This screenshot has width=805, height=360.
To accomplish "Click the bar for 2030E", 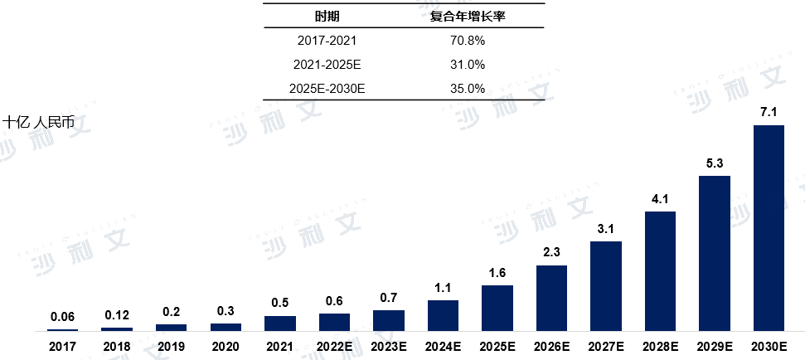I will pyautogui.click(x=769, y=228).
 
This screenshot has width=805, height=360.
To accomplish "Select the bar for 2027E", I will pyautogui.click(x=605, y=286).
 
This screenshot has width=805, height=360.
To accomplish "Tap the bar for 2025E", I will pyautogui.click(x=497, y=308).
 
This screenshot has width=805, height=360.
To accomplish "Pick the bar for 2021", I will pyautogui.click(x=280, y=324).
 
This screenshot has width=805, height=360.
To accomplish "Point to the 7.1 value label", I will pyautogui.click(x=769, y=112).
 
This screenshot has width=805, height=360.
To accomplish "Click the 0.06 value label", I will pyautogui.click(x=63, y=316).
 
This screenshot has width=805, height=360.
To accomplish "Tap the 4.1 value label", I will pyautogui.click(x=660, y=198).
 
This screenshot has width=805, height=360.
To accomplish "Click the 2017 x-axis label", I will pyautogui.click(x=63, y=345).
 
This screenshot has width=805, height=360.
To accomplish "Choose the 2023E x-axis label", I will pyautogui.click(x=389, y=345).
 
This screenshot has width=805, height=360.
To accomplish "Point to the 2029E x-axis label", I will pyautogui.click(x=715, y=345).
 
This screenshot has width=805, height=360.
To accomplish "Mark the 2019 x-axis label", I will pyautogui.click(x=172, y=345).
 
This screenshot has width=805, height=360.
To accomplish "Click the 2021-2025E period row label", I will pyautogui.click(x=327, y=65).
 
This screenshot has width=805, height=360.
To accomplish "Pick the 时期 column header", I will pyautogui.click(x=327, y=16).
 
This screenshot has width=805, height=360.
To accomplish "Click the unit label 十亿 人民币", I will pyautogui.click(x=38, y=122).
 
